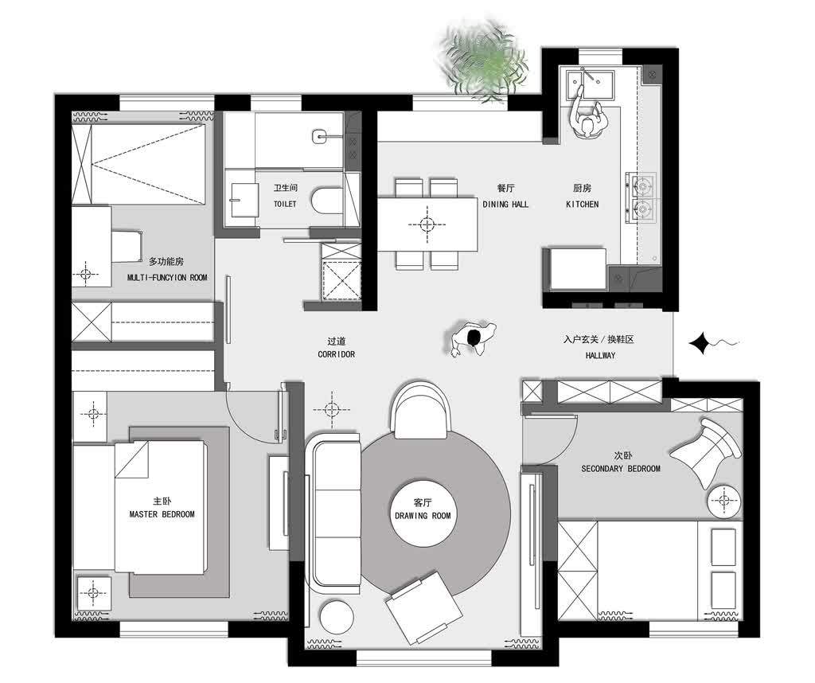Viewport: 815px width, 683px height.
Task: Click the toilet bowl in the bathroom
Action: tap(327, 200)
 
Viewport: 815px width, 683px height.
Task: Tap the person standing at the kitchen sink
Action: tap(587, 119)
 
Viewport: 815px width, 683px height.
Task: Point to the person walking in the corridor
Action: tap(473, 339)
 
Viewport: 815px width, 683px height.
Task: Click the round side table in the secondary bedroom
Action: tap(723, 501)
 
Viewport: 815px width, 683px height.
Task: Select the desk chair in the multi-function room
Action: tap(127, 247)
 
